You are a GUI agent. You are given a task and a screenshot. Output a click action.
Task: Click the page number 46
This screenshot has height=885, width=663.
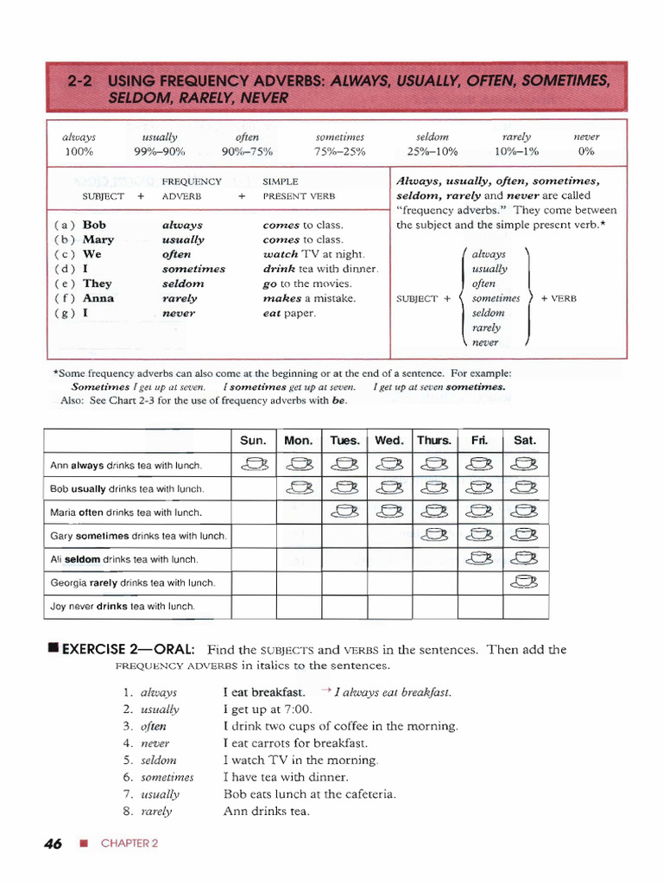53,844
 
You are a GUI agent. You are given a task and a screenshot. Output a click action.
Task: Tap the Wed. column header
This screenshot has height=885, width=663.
389,440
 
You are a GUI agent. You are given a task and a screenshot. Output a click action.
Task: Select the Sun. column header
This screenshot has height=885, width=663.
253,440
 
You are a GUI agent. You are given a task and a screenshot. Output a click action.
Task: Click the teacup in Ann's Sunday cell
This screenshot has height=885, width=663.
254,465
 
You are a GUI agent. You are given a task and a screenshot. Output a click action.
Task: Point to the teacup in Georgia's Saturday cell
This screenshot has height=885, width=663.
524,581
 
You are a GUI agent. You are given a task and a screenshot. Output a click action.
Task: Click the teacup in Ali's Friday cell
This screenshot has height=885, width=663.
479,557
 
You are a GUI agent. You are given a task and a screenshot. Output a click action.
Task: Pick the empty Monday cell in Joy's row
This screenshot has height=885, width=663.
299,606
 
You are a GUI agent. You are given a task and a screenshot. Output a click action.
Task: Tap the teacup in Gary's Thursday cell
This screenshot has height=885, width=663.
434,534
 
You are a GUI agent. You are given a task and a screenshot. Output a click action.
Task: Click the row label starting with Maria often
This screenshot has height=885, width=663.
126,513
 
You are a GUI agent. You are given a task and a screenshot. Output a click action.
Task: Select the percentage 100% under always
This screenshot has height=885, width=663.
79,151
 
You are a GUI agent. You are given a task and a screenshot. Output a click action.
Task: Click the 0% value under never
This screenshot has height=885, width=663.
587,151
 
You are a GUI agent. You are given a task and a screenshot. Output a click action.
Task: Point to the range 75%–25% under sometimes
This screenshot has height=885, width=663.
341,151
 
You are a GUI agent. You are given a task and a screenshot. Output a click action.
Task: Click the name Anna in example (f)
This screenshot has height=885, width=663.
98,298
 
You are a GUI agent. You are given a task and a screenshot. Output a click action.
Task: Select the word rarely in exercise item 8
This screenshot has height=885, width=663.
156,811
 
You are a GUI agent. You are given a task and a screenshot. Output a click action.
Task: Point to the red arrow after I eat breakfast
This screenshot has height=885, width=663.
325,691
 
